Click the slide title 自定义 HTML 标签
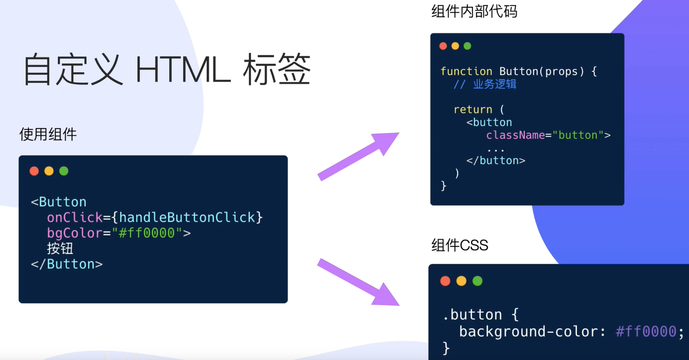coord(167,70)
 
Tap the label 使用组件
coord(48,134)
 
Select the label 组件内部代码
coord(474,11)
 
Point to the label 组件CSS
coord(460,246)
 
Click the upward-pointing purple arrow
coord(358,156)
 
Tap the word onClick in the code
coord(74,217)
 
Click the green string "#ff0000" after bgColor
coord(147,233)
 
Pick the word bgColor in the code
coord(74,233)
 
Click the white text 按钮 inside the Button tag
coord(60,249)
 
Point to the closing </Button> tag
coord(67,264)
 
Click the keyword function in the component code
coord(466,72)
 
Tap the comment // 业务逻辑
coord(485,84)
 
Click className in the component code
coord(515,135)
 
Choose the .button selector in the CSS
coord(472,314)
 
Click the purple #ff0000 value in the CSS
coord(646,331)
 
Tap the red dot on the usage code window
coord(34,171)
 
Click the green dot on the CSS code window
coord(477,281)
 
